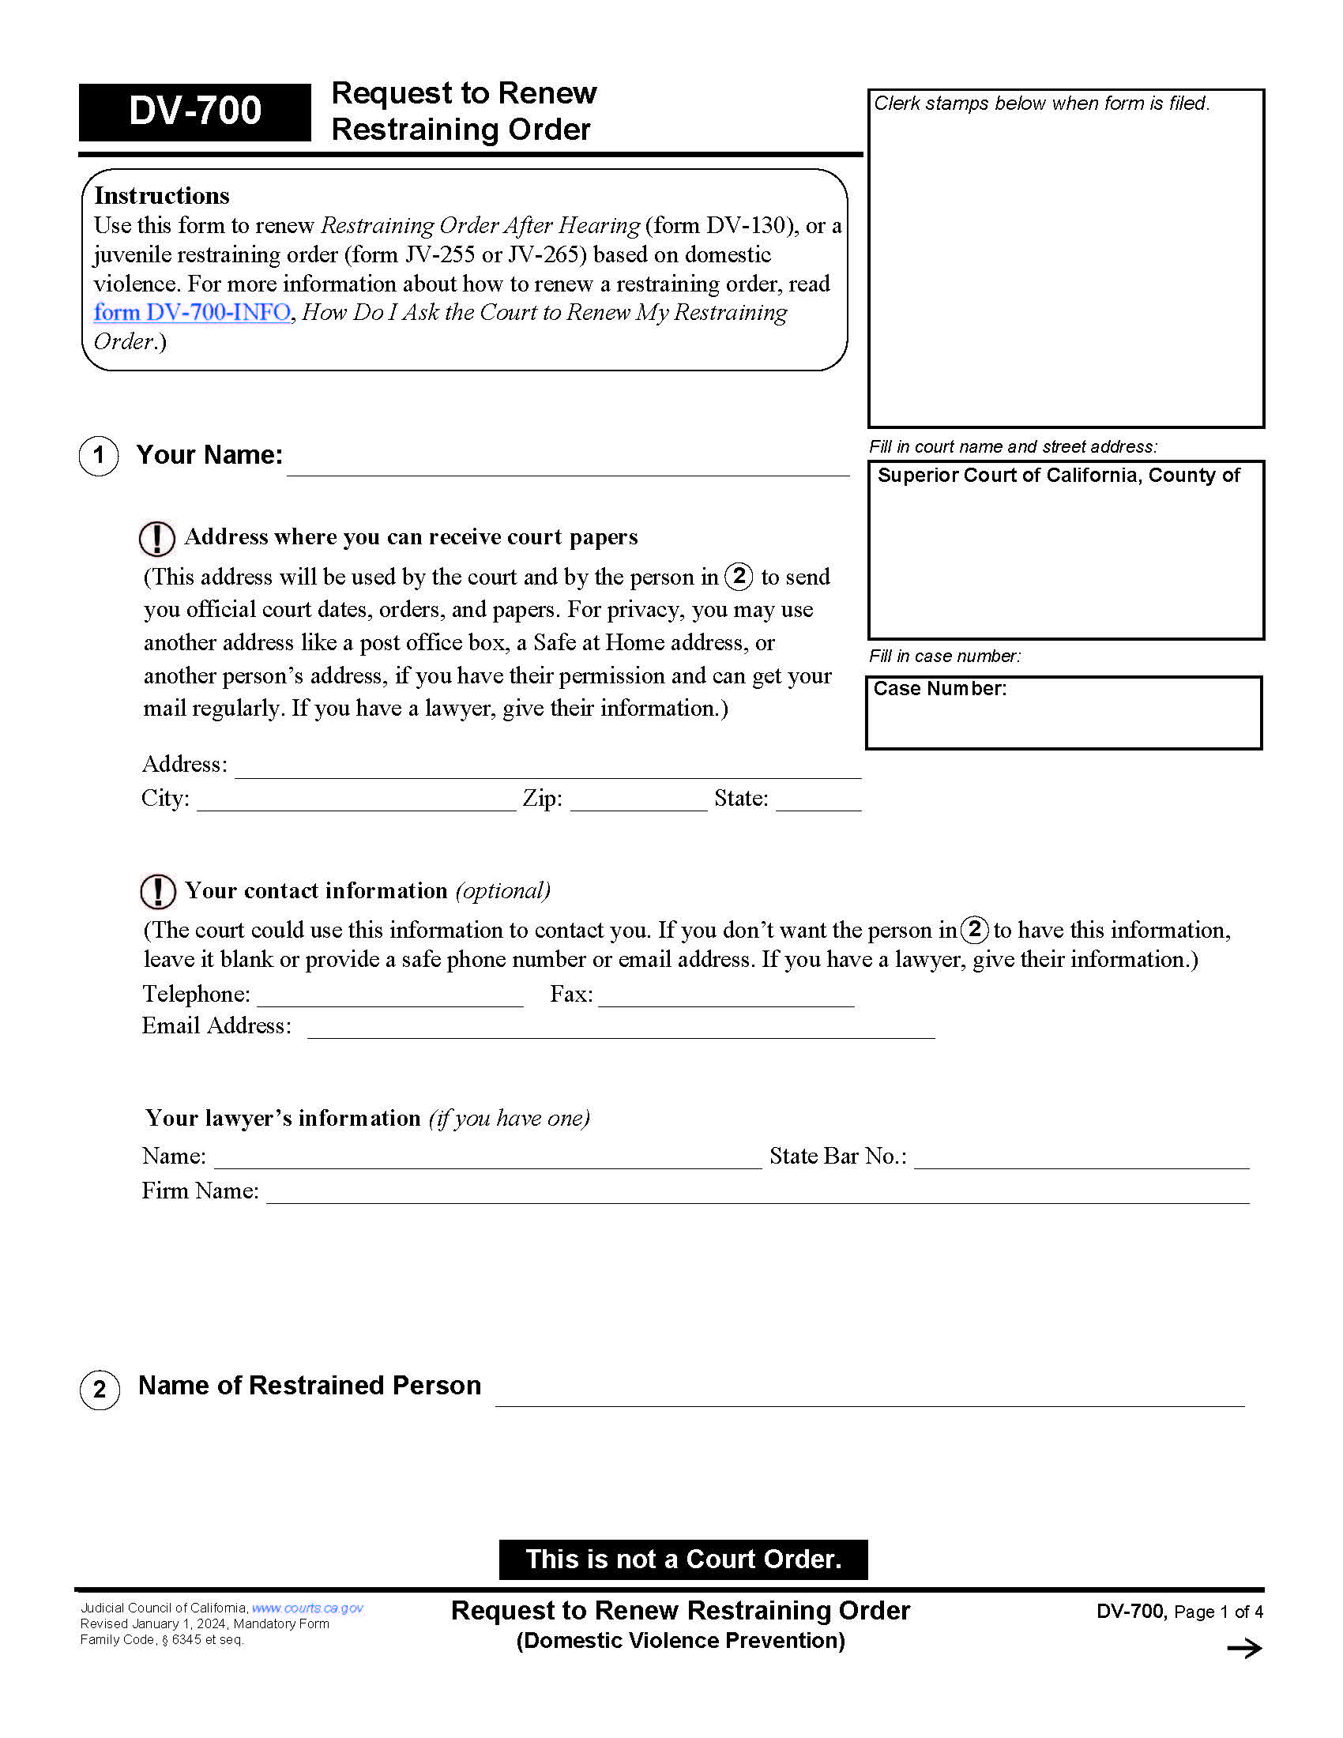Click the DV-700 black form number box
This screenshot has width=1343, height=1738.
coord(194,111)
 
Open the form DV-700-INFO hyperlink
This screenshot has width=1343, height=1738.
coord(192,312)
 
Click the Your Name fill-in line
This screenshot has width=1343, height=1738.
coord(567,465)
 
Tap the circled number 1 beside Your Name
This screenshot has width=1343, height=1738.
coord(99,456)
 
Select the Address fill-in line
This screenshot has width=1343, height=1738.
coord(547,768)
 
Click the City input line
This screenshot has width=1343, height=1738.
coord(355,801)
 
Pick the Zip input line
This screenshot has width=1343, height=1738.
coord(638,801)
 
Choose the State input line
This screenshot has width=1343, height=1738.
coord(818,801)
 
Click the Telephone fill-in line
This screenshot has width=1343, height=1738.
coord(389,997)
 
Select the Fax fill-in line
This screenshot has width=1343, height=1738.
coord(725,997)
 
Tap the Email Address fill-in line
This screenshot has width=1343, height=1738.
coord(621,1029)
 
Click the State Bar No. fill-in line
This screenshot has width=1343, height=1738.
coord(1082,1159)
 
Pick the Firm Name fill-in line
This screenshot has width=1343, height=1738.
coord(757,1194)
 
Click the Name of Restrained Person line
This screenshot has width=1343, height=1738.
coord(869,1395)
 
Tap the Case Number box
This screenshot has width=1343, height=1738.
coord(1063,714)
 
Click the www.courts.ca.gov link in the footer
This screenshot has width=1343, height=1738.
coord(307,1608)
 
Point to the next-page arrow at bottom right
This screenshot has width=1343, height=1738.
coord(1243,1648)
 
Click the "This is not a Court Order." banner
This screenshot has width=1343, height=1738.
coord(683,1559)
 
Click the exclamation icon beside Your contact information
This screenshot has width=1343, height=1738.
coord(157,891)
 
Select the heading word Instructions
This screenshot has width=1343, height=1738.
coord(161,196)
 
